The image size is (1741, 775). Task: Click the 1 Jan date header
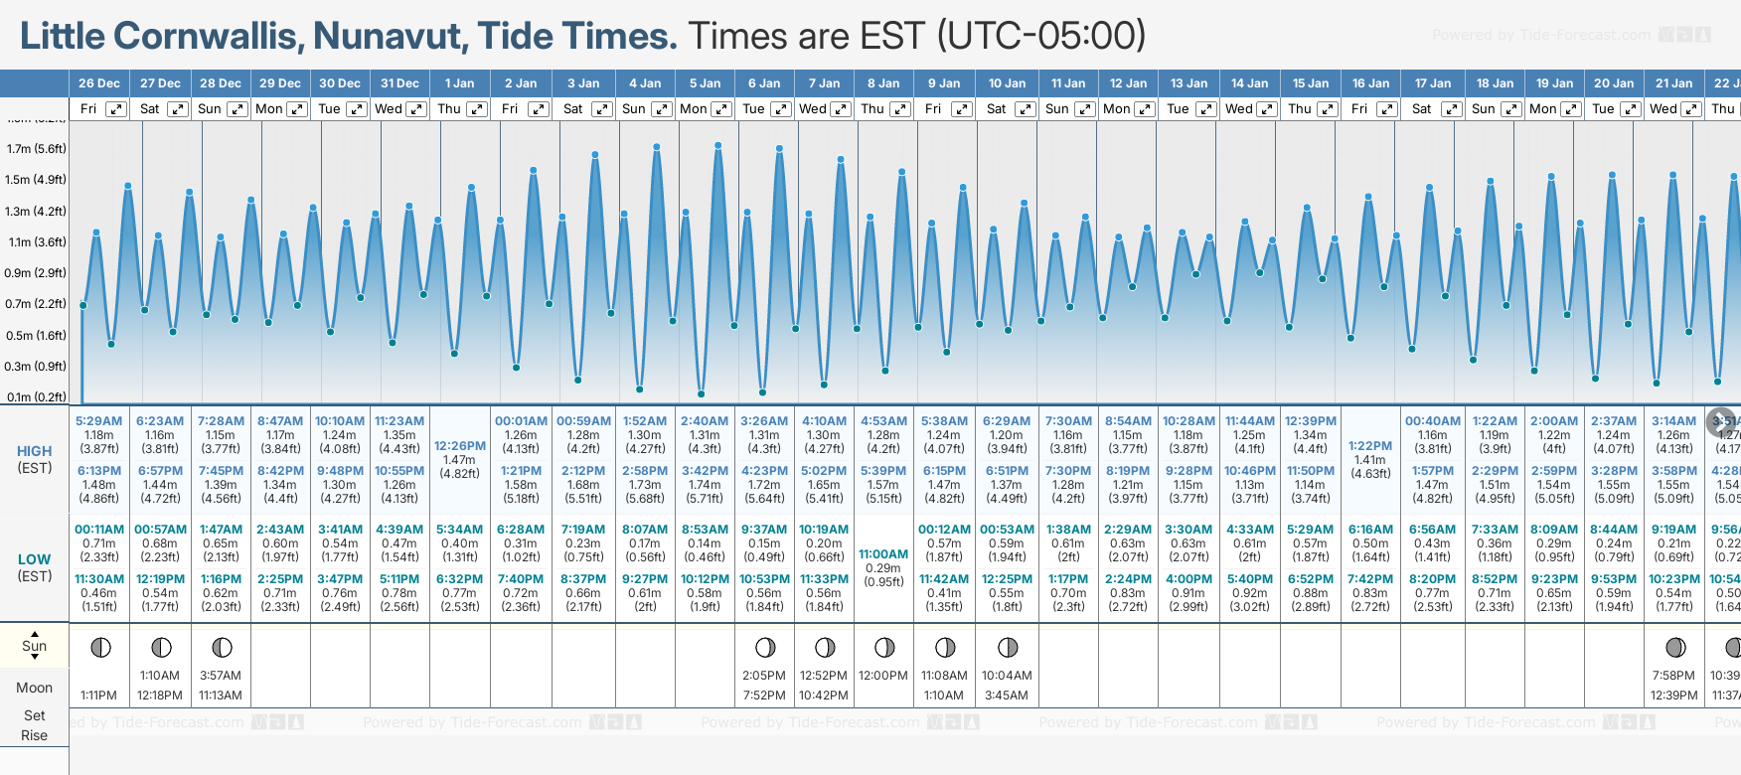pyautogui.click(x=459, y=83)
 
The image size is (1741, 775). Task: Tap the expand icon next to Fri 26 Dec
pyautogui.click(x=116, y=109)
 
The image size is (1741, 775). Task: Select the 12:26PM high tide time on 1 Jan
pyautogui.click(x=459, y=446)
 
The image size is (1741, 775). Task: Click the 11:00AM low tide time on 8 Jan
pyautogui.click(x=883, y=554)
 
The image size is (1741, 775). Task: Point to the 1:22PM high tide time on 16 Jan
pyautogui.click(x=1370, y=446)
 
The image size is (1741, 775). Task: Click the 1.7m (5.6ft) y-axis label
pyautogui.click(x=36, y=149)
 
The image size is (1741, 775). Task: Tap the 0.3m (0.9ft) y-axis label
pyautogui.click(x=36, y=367)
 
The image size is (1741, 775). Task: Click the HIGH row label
pyautogui.click(x=35, y=451)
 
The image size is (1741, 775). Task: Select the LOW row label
pyautogui.click(x=35, y=559)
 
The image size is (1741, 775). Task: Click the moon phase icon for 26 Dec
pyautogui.click(x=100, y=648)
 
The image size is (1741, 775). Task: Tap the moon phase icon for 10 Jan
pyautogui.click(x=1008, y=648)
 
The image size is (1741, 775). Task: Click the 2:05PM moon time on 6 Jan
pyautogui.click(x=764, y=676)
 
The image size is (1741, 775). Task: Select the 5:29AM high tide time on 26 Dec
pyautogui.click(x=98, y=421)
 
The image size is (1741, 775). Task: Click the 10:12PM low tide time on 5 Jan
pyautogui.click(x=705, y=579)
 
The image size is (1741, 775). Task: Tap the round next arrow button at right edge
pyautogui.click(x=1721, y=422)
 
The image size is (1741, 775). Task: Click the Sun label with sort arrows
pyautogui.click(x=35, y=646)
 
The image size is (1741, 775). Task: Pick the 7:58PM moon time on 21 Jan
pyautogui.click(x=1673, y=676)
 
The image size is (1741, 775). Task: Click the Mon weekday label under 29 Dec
pyautogui.click(x=269, y=109)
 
